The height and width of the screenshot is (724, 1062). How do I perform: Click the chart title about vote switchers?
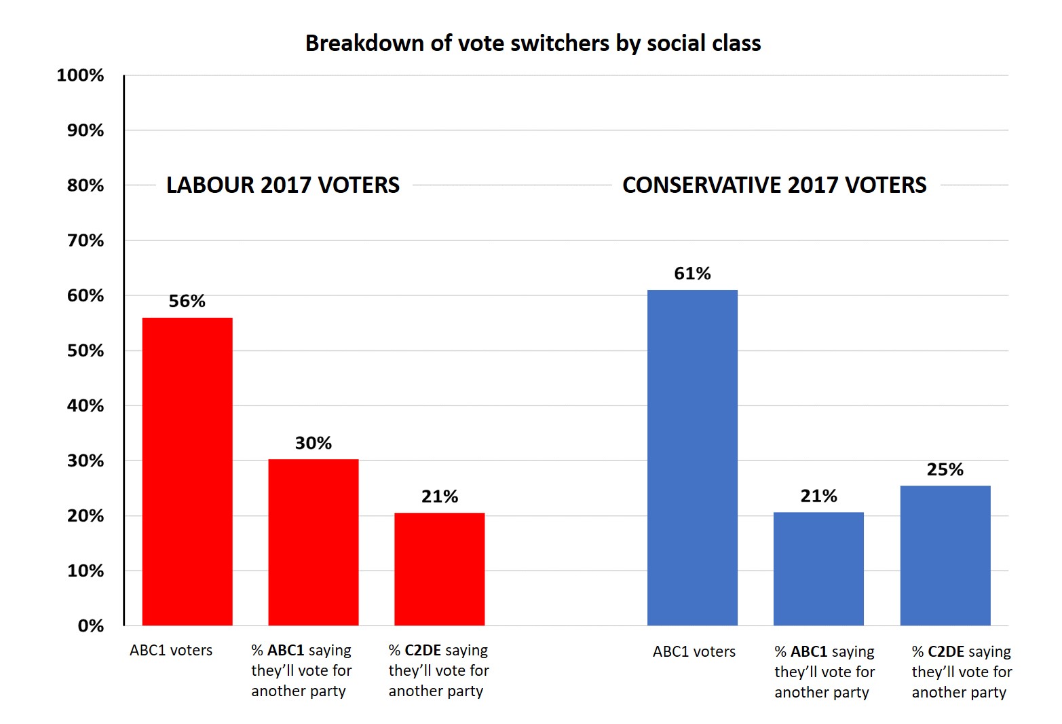click(533, 43)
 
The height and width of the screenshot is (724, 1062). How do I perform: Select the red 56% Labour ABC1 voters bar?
click(187, 471)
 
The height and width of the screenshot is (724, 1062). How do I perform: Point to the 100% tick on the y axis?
click(80, 75)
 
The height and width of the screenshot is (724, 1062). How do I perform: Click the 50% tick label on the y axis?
click(85, 350)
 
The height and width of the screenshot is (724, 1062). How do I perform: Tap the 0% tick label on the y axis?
click(90, 626)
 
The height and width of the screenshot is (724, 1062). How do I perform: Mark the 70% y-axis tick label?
click(85, 240)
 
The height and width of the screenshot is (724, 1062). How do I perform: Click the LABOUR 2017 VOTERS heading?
click(283, 185)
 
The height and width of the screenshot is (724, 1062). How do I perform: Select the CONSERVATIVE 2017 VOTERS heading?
click(774, 185)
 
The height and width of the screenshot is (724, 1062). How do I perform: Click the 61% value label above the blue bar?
click(692, 274)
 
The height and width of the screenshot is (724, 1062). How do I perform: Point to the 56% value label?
click(187, 301)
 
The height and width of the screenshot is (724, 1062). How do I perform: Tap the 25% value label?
click(945, 469)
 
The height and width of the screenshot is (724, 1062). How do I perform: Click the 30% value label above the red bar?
click(313, 443)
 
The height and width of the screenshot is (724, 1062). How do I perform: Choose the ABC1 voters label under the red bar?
click(171, 651)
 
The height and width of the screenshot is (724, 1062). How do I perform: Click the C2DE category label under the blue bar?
click(962, 672)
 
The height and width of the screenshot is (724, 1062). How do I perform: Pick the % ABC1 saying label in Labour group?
click(301, 670)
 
